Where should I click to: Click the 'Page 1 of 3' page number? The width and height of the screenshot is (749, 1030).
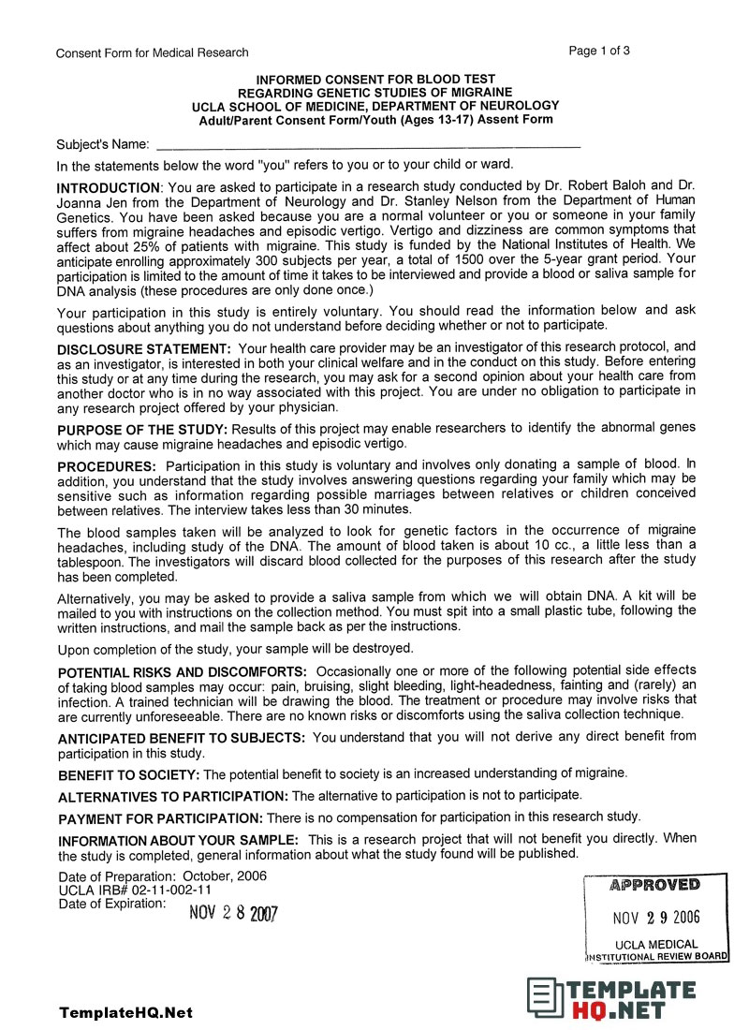point(599,51)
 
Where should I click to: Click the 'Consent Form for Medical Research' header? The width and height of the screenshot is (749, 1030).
point(153,52)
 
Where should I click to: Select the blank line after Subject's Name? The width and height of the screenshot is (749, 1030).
point(368,145)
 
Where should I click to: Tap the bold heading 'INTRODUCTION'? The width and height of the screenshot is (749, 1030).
point(109,187)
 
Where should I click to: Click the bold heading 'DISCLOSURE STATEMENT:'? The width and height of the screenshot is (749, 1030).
point(144,348)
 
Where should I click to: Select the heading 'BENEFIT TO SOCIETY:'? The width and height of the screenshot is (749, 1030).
point(129,775)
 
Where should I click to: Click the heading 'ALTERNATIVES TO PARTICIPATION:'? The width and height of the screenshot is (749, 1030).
point(174,797)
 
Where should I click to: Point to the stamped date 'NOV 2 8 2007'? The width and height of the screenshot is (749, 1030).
point(233,913)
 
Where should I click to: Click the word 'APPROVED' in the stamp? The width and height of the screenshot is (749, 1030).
point(654,885)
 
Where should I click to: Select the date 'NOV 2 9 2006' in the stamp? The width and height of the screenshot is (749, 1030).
point(655,917)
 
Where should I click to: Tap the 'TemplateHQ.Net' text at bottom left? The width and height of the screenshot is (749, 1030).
point(125,1013)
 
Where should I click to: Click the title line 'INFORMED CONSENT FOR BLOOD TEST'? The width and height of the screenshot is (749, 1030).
point(375,80)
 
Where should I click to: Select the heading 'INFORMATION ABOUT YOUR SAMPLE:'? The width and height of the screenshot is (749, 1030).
point(179,840)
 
